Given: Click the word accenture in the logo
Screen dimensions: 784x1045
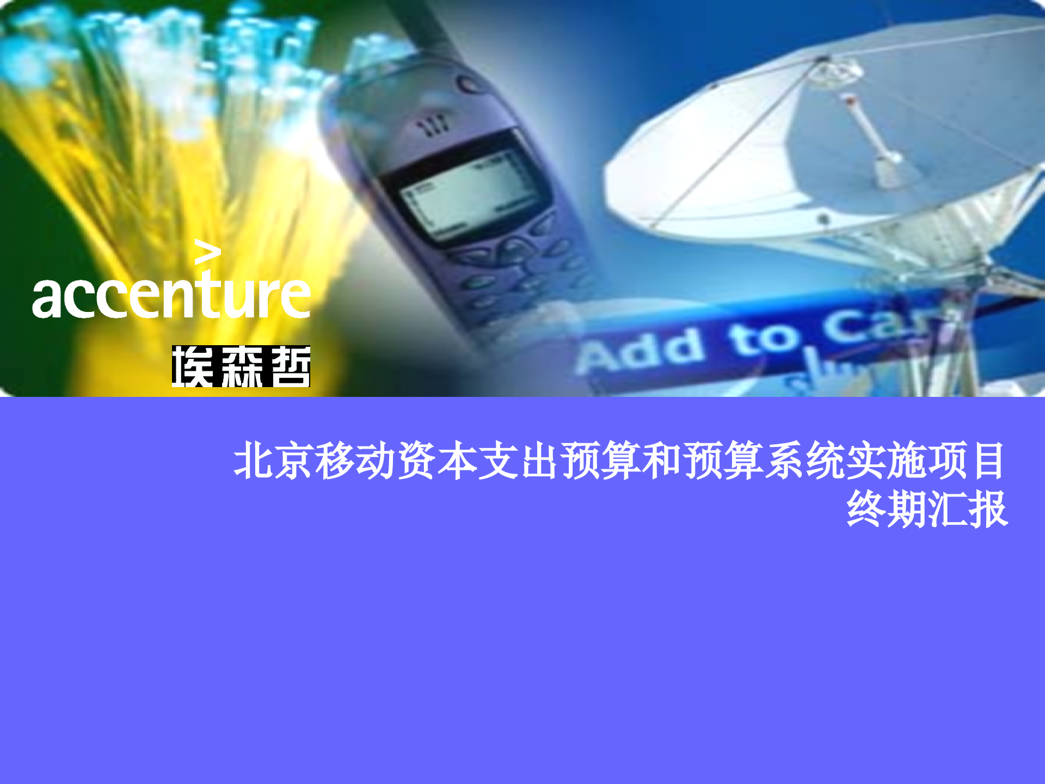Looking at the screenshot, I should [x=171, y=297].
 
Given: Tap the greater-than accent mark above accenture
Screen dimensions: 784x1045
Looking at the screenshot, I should [x=207, y=252].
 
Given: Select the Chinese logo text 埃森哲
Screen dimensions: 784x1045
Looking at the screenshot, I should [x=241, y=366].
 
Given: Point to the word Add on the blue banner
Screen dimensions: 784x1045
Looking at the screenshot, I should [x=640, y=352].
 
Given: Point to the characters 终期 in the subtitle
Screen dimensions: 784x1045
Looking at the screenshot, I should [x=887, y=509].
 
